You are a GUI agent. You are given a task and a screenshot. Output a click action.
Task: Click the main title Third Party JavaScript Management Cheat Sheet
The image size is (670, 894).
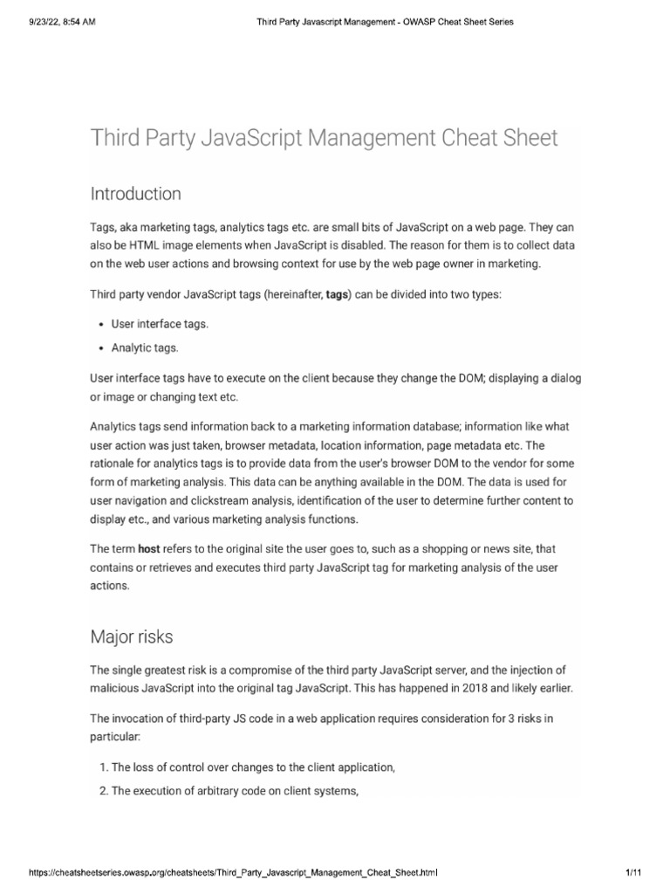click(324, 138)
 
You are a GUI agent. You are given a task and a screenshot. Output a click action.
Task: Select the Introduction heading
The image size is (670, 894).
click(135, 193)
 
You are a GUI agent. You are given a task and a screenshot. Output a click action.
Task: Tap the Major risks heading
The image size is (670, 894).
click(132, 636)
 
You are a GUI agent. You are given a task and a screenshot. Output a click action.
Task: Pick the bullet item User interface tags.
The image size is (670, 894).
click(160, 324)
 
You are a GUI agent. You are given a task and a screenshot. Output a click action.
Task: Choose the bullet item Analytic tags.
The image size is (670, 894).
click(145, 347)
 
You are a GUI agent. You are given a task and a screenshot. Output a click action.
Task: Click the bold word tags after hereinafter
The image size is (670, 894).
click(336, 295)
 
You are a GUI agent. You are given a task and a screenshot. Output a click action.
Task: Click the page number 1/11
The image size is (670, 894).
click(633, 871)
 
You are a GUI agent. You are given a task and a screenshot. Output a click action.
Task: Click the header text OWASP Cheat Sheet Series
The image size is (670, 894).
click(454, 22)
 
